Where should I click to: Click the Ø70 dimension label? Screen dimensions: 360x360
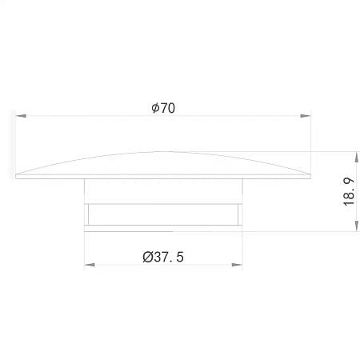tap(163, 108)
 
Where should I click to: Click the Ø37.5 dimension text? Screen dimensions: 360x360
tap(163, 257)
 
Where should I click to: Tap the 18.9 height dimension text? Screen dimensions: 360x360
tap(349, 192)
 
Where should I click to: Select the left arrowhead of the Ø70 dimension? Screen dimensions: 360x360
tap(21, 116)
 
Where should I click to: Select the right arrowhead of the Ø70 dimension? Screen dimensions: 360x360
tap(306, 116)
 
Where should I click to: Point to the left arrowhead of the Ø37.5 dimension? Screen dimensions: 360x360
tap(90, 265)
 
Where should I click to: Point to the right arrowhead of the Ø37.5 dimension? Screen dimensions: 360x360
tap(237, 265)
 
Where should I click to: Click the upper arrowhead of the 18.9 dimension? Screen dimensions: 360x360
tap(357, 157)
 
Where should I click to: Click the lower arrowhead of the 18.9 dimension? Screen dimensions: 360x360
tap(357, 226)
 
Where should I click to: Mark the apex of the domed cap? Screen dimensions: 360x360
tap(163, 152)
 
